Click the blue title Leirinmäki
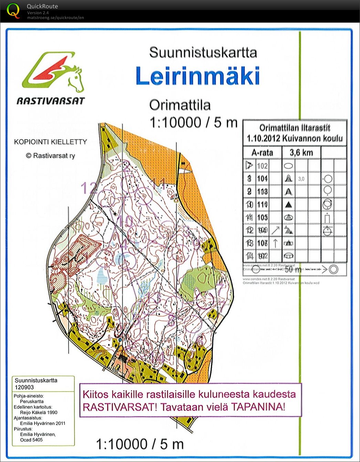click(x=198, y=76)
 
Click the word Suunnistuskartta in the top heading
click(x=203, y=53)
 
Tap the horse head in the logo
click(x=76, y=78)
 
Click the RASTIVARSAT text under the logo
click(x=51, y=101)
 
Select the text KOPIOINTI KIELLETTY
click(x=50, y=142)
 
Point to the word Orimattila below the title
click(x=180, y=105)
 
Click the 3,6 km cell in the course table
click(x=301, y=152)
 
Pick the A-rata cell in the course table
click(x=262, y=152)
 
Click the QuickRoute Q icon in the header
click(x=13, y=10)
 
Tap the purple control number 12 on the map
click(x=88, y=189)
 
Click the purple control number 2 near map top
click(x=127, y=166)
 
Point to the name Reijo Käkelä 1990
click(x=39, y=412)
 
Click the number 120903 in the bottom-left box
click(x=24, y=387)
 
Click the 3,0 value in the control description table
click(x=301, y=179)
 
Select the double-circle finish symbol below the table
click(x=333, y=269)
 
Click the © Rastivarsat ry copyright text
click(x=50, y=155)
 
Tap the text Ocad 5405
click(x=31, y=440)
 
